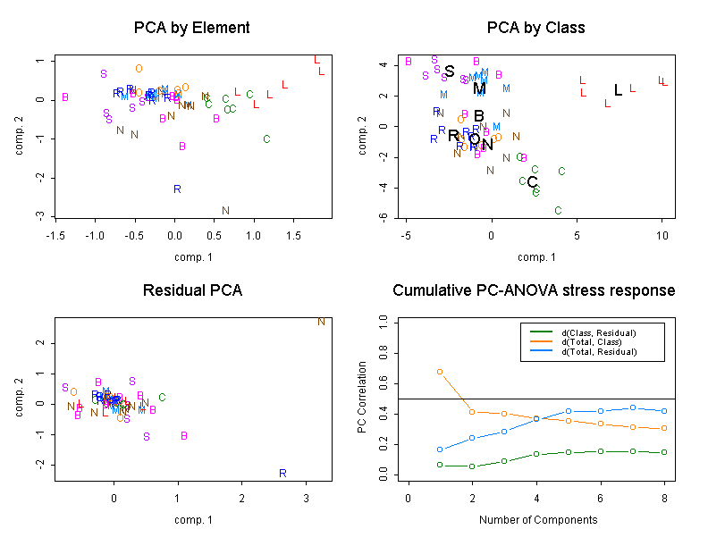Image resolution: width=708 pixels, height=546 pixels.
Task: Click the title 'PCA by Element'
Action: coord(192,28)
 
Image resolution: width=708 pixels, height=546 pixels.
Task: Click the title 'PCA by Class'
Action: coord(535,28)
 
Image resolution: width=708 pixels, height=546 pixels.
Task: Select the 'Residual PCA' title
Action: coord(192,290)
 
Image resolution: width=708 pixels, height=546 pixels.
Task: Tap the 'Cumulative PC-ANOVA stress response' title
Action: coord(535,290)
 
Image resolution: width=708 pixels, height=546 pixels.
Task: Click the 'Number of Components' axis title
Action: coord(535,519)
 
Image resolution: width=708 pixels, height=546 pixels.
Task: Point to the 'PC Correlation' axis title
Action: coord(362,398)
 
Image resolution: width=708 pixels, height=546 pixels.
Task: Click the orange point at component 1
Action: coord(440,371)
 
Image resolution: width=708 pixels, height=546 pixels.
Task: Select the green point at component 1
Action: coord(440,465)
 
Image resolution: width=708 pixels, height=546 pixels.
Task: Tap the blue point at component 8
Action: coord(663,411)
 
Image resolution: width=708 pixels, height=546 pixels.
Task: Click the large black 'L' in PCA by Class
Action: coord(618,90)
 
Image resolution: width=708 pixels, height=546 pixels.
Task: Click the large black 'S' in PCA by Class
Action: coord(450,71)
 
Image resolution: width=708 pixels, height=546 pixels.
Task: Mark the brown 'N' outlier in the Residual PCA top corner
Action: coord(321,322)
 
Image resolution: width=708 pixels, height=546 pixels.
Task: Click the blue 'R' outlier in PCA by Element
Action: coord(177,189)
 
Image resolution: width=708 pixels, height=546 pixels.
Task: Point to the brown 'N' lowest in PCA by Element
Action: coord(225,211)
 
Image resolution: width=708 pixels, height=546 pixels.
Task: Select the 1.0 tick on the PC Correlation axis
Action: coord(383,319)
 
